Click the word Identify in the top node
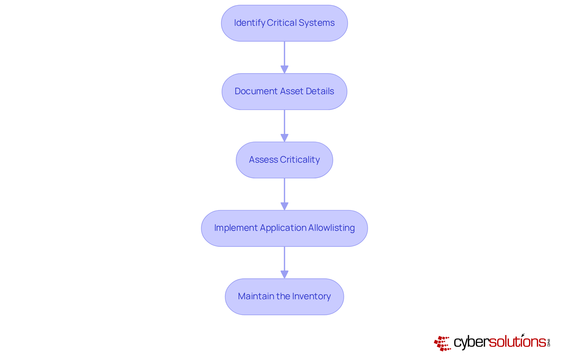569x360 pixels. pos(249,23)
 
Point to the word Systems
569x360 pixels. pos(317,23)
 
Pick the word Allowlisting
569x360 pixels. pos(331,228)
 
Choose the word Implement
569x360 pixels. pos(236,228)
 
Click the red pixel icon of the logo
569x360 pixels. pos(442,343)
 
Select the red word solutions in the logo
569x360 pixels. pos(517,342)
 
